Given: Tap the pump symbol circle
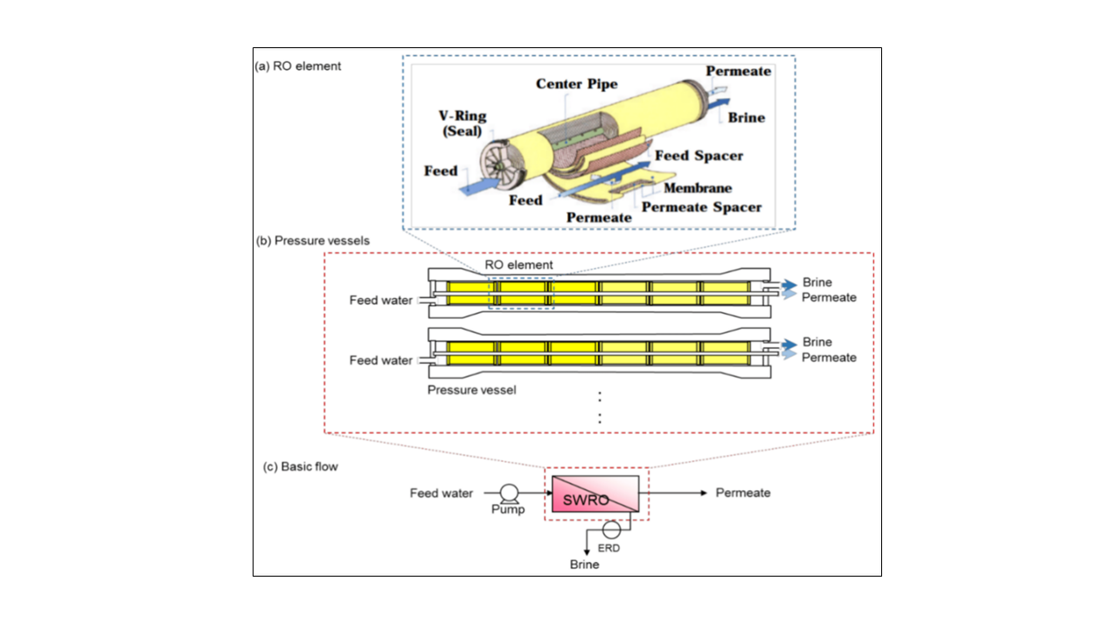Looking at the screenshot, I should click(506, 492).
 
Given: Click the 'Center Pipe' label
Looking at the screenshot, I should click(577, 84).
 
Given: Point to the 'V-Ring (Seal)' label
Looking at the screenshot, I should click(462, 124).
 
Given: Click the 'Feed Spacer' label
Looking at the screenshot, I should click(699, 156).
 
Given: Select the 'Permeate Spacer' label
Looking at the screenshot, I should click(702, 207).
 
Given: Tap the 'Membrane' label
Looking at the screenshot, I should click(698, 188).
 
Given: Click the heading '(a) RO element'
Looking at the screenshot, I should click(298, 66).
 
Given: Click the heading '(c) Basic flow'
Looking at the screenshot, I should click(301, 466).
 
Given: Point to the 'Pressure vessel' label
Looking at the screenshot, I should click(471, 389).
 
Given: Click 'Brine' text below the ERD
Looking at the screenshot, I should click(585, 564).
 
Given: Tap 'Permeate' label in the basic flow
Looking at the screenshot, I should click(743, 493).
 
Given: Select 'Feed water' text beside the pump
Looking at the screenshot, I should click(441, 493).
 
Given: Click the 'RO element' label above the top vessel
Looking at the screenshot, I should click(518, 265).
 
